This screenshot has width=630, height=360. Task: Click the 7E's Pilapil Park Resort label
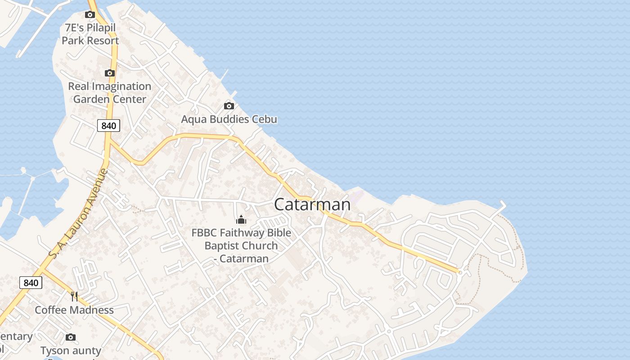[x=90, y=34]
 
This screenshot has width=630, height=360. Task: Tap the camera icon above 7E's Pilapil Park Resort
[x=90, y=14]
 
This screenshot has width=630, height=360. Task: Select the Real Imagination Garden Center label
[x=109, y=93]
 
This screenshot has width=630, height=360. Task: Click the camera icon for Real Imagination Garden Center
[x=109, y=73]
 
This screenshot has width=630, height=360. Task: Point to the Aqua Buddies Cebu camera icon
[x=229, y=106]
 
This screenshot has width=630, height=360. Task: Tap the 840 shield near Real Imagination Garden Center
[x=108, y=126]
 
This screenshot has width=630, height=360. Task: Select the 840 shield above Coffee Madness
[x=31, y=283]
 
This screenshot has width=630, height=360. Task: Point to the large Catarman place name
[x=312, y=204]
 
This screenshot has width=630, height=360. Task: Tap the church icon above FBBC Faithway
[x=241, y=220]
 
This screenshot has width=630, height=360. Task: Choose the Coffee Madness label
[x=74, y=310]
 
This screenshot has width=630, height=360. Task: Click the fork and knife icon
[x=74, y=296]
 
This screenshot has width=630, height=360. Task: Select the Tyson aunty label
[x=71, y=350]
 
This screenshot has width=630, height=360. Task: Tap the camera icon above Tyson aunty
[x=71, y=337]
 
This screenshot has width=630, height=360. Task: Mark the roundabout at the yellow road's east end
[x=460, y=272]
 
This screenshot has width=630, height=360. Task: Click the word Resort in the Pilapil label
[x=103, y=40]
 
